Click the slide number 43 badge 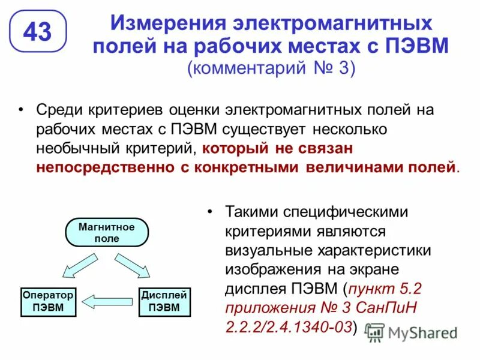coord(37,31)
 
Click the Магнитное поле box coord(107,232)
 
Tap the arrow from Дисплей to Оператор coord(106,300)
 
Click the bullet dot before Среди coord(22,110)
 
